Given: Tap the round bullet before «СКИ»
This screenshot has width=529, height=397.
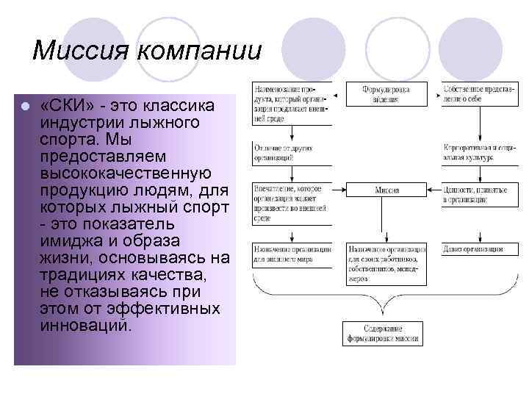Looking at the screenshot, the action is point(24,107).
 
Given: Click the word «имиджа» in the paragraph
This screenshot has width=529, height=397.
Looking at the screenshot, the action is point(72,241).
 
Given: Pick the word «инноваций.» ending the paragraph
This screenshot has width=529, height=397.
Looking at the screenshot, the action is point(87,324).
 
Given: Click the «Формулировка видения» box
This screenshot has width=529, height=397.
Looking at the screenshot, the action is point(386,93).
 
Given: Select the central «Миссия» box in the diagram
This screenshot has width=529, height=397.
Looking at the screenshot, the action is point(386,190).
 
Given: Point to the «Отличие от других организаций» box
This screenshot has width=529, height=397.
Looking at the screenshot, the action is point(291,153).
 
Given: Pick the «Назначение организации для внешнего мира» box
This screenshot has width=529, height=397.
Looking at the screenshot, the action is point(291,254).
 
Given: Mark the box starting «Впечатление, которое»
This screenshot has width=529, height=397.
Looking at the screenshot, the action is point(291,198).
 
